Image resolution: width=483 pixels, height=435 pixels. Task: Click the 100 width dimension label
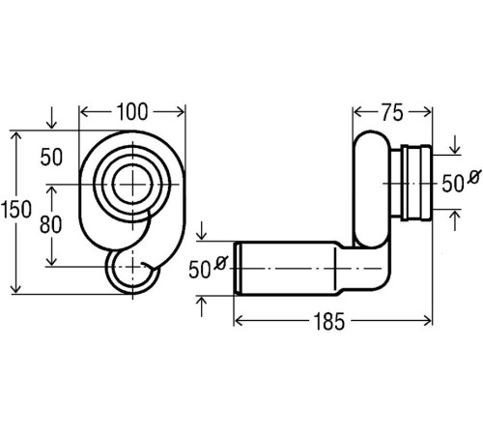(x=132, y=112)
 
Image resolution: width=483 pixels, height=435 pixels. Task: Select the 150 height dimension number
(x=16, y=209)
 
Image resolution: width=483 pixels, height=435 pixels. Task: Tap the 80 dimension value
(x=50, y=224)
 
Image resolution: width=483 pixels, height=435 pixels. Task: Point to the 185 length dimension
(x=328, y=322)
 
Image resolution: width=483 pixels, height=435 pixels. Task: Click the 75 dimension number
(x=392, y=113)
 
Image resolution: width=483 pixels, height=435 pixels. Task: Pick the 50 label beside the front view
(x=51, y=158)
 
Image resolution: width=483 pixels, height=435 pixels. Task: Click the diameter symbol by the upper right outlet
(x=474, y=177)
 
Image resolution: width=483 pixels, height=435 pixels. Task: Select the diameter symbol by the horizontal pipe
(x=221, y=263)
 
